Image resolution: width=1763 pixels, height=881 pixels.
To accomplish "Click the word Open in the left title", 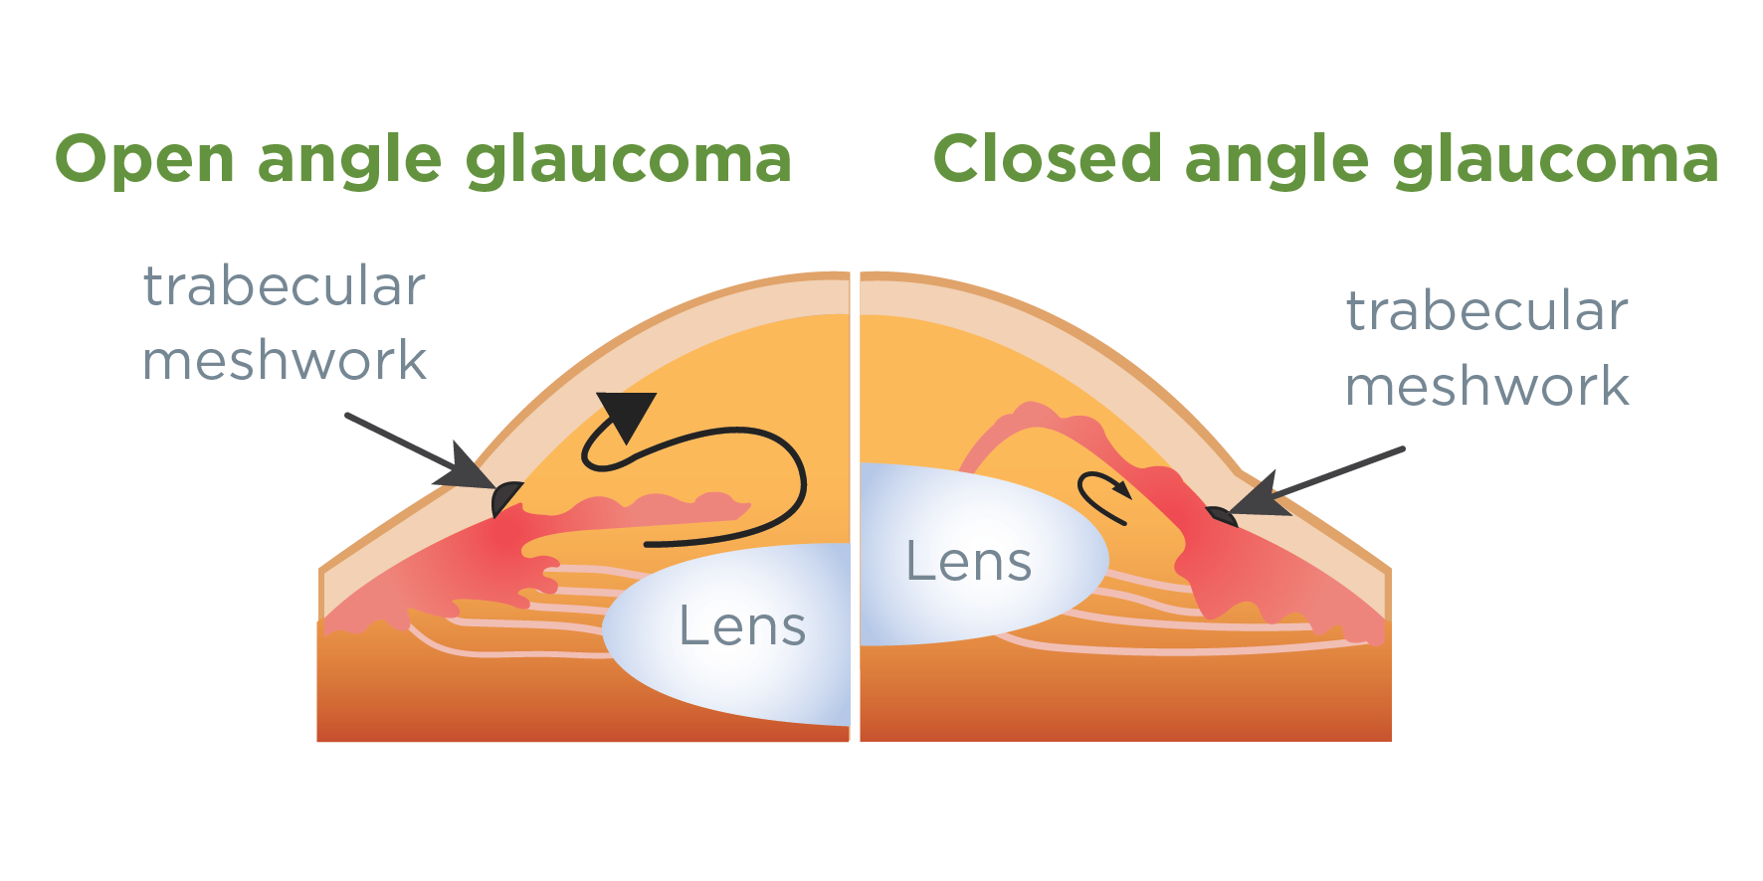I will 144,160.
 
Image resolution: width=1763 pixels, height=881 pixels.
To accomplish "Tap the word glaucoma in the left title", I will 628,160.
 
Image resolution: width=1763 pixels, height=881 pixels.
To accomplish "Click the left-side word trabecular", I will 285,286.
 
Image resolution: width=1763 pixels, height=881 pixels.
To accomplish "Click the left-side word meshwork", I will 285,360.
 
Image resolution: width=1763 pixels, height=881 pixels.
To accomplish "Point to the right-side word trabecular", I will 1486,311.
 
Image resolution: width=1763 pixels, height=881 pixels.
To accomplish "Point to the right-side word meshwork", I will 1486,386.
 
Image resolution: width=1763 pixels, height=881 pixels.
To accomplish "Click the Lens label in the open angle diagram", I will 742,626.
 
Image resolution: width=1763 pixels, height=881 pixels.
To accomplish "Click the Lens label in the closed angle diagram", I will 968,562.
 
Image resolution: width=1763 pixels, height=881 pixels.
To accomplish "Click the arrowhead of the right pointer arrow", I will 1260,497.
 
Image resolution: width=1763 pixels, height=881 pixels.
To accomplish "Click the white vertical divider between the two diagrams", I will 855,507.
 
